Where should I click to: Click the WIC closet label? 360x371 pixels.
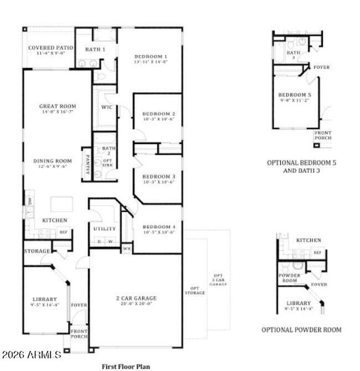point(106,107)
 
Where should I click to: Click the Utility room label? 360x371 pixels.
point(105,229)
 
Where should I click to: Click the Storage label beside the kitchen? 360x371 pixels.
point(37,252)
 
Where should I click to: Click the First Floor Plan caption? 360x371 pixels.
point(126,366)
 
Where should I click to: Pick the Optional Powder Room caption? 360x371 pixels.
point(301,330)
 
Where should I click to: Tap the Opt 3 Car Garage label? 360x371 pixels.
point(218,279)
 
